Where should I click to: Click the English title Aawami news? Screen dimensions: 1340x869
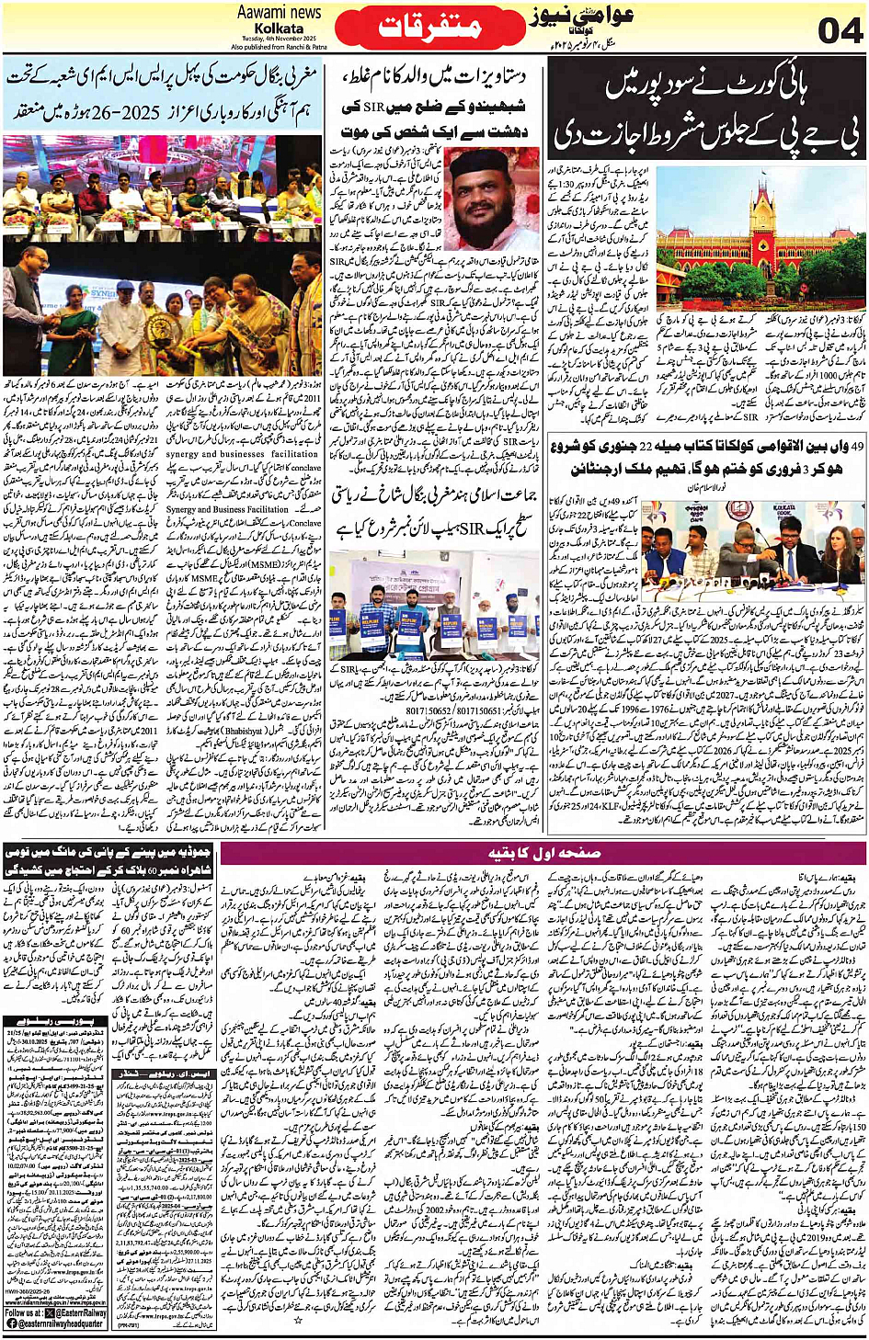pos(279,12)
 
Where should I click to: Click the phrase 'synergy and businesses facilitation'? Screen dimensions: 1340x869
pos(243,454)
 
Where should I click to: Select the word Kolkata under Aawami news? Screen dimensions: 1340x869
pos(279,28)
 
